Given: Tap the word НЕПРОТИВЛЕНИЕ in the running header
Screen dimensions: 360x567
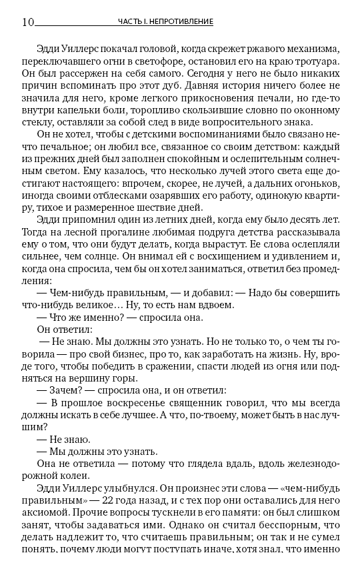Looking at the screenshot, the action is point(182,22).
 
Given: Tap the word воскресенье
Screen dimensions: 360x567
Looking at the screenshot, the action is point(136,408).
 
